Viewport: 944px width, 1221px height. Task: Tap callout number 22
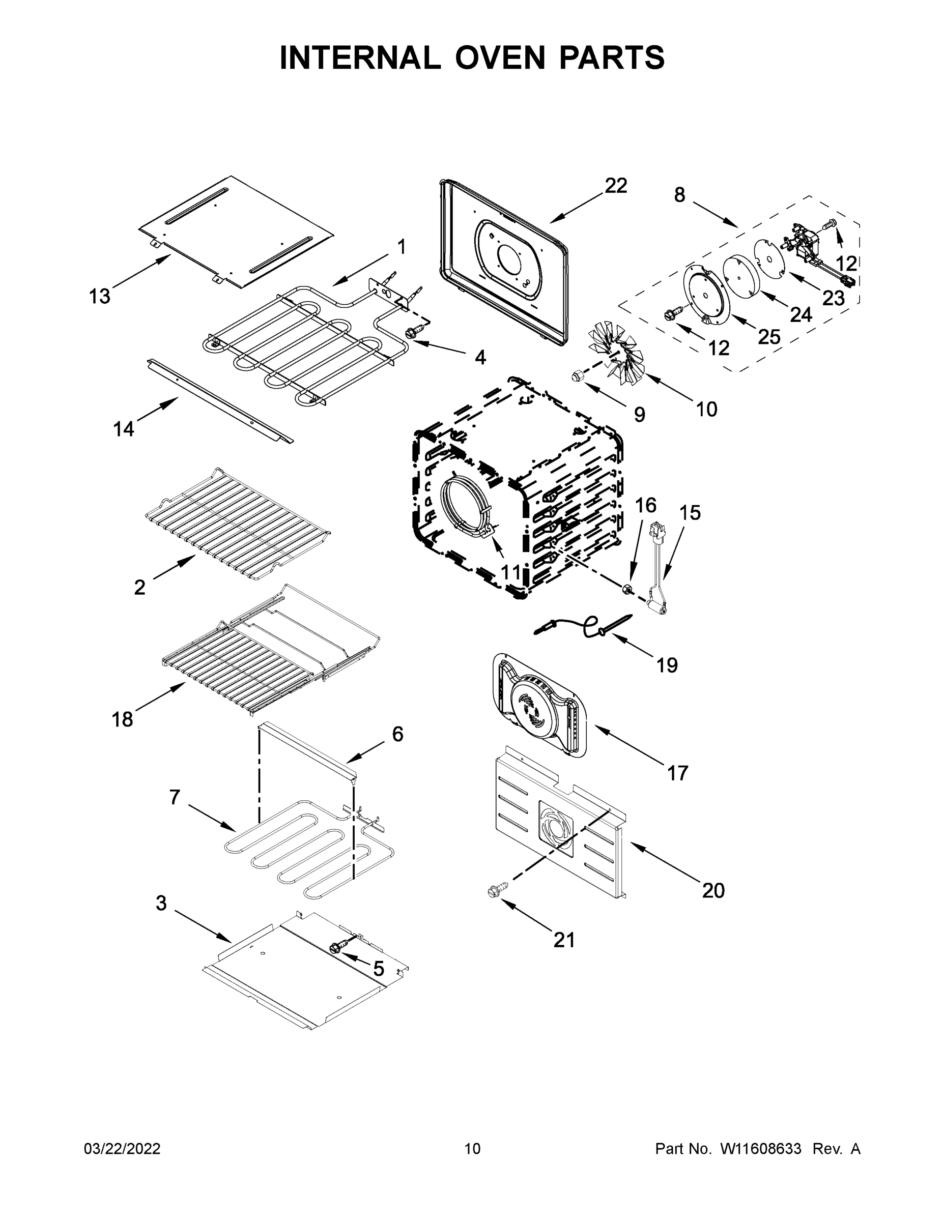(616, 186)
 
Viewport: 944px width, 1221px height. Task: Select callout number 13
(100, 296)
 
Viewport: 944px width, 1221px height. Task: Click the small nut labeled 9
(577, 375)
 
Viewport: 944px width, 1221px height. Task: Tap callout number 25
(769, 337)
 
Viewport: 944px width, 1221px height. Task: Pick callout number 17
(677, 773)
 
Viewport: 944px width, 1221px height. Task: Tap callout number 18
(122, 719)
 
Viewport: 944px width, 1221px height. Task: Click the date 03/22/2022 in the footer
(122, 1148)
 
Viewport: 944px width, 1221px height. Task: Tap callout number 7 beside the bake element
(175, 797)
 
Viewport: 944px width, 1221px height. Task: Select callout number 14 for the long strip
(124, 429)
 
